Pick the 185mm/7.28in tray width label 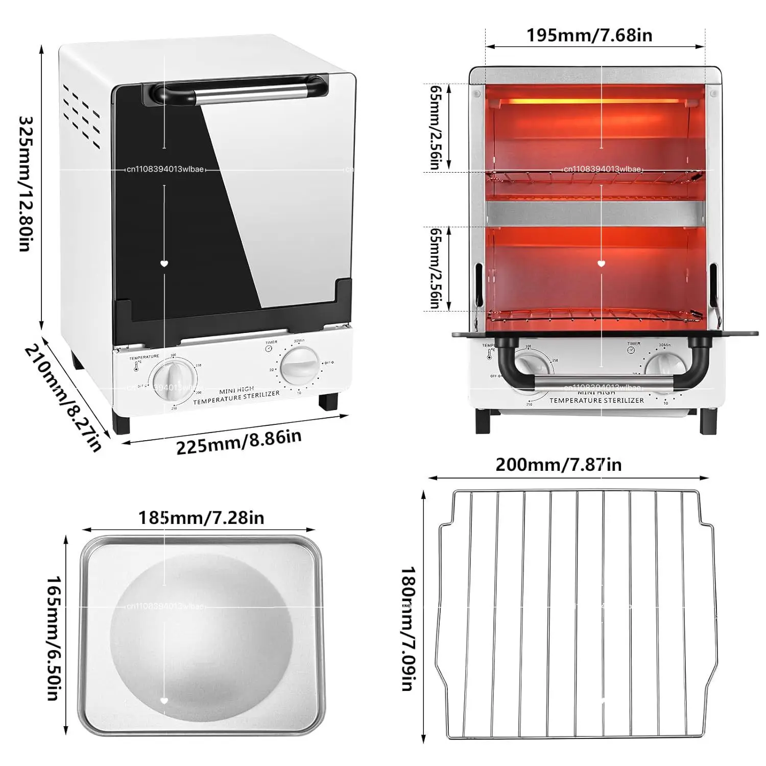201,518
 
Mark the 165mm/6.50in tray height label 54,638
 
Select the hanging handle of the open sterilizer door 600,381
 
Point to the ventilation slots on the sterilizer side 82,116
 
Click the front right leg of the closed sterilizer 328,401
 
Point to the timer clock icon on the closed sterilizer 269,348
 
